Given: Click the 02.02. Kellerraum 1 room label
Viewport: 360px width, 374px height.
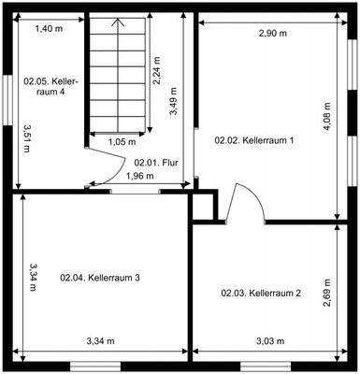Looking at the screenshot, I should point(254,140).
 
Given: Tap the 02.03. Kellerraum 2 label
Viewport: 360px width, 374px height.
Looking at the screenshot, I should point(261,293).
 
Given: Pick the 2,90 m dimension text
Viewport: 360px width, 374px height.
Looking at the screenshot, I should point(274,35).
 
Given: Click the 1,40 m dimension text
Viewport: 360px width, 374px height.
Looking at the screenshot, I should point(50,30).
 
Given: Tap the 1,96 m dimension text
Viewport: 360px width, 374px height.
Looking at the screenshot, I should point(140,175).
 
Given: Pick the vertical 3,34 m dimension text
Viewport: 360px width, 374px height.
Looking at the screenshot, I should point(32,278).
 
